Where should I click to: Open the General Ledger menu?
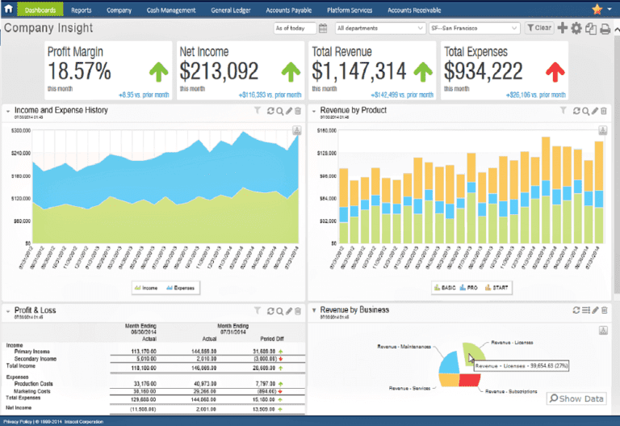coord(231,11)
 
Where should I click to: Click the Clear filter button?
coord(539,28)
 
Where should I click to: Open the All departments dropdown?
coord(379,28)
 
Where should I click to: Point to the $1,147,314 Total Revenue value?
coord(359,71)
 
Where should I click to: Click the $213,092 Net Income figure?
coord(219,71)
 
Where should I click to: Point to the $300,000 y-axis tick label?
coord(21,130)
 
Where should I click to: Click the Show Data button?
coord(576,399)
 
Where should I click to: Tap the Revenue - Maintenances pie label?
coord(403,346)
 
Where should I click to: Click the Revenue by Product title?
coord(353,110)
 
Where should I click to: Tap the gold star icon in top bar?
coord(597,10)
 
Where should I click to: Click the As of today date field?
coord(295,28)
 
